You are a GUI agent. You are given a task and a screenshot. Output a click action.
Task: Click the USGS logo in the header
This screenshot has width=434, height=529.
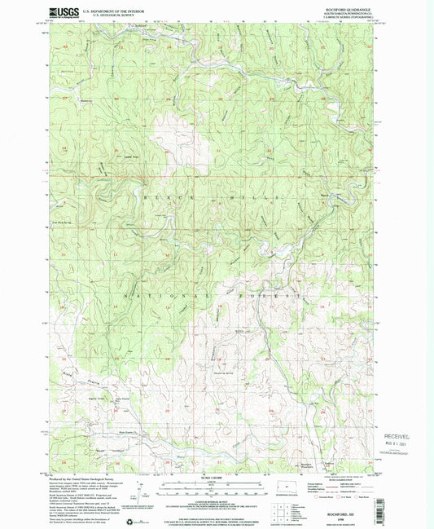coord(64,12)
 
